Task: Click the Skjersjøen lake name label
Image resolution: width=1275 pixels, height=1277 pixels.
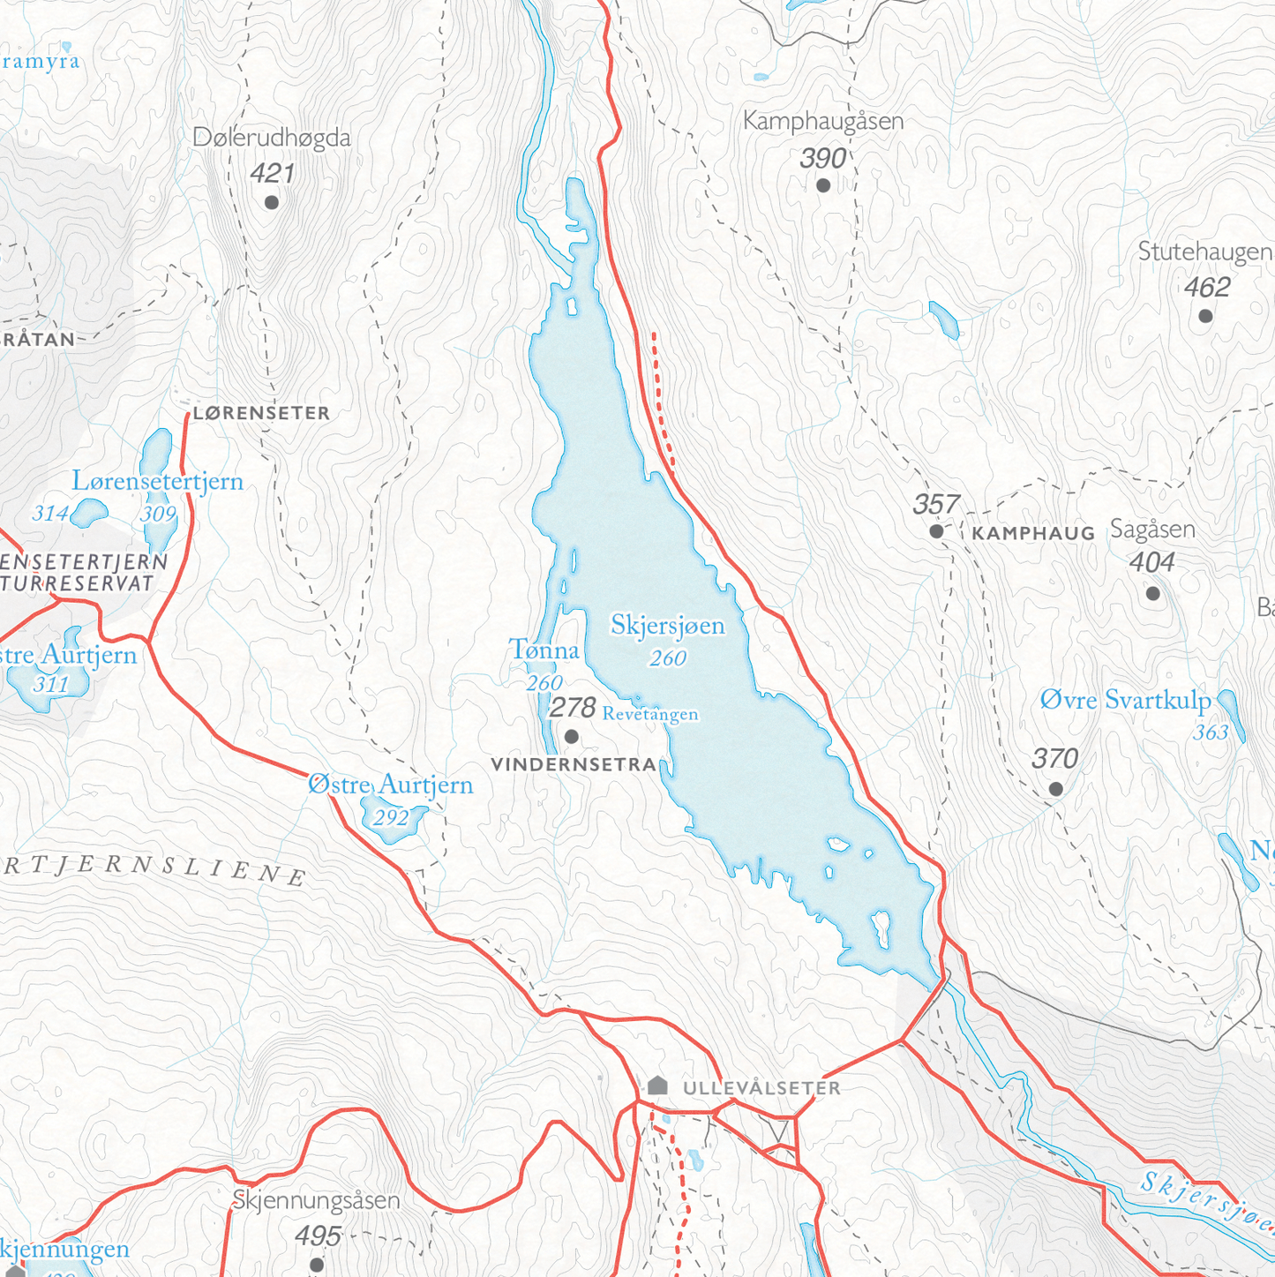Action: click(667, 626)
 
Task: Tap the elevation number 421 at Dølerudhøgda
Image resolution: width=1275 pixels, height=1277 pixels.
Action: click(272, 173)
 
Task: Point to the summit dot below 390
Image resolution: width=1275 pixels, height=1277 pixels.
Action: click(823, 185)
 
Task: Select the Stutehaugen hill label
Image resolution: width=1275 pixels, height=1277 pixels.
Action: click(1204, 252)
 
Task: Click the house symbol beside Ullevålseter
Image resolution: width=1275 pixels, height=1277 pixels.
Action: click(657, 1085)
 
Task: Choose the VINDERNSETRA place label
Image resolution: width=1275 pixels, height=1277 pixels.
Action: click(574, 765)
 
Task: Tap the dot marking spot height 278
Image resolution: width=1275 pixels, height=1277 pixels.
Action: click(572, 736)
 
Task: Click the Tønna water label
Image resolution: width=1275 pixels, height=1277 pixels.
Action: click(544, 651)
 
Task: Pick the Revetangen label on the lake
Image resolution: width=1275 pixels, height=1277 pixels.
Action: click(650, 714)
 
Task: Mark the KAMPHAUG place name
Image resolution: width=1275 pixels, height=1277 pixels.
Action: click(1032, 534)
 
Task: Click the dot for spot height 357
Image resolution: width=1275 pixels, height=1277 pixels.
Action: click(936, 531)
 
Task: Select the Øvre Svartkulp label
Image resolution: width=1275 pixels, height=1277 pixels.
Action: click(1125, 701)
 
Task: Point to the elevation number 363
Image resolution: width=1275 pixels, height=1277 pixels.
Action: click(1211, 732)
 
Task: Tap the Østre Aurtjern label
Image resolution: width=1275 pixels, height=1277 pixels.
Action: click(390, 785)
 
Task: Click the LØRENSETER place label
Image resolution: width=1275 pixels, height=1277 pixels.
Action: click(261, 413)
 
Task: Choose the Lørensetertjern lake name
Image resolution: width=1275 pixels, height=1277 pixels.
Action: click(157, 482)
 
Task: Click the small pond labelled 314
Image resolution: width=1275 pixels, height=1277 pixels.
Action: click(89, 512)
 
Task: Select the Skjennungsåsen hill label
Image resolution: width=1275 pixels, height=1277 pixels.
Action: click(316, 1201)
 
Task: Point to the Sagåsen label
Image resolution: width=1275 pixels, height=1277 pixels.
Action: click(1152, 530)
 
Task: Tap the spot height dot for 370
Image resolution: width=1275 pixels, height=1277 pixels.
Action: click(1055, 789)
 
